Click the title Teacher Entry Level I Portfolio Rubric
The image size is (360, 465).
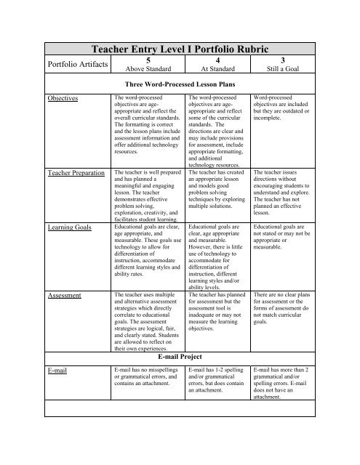click(x=180, y=44)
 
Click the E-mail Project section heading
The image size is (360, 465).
click(x=180, y=358)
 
